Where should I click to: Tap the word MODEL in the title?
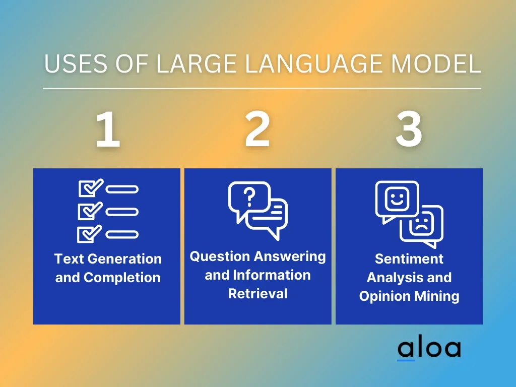coord(436,63)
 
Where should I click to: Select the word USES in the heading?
coord(76,63)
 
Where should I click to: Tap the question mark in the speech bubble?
coord(249,197)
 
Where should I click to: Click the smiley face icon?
coord(397,199)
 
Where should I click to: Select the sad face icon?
coord(422,224)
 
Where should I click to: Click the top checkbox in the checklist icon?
coord(90,188)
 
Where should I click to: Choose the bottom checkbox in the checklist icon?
coord(89,234)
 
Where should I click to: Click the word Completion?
coord(122,278)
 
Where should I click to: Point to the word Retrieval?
coord(257,294)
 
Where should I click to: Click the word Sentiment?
coord(409,259)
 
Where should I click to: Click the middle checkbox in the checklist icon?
coord(90,211)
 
